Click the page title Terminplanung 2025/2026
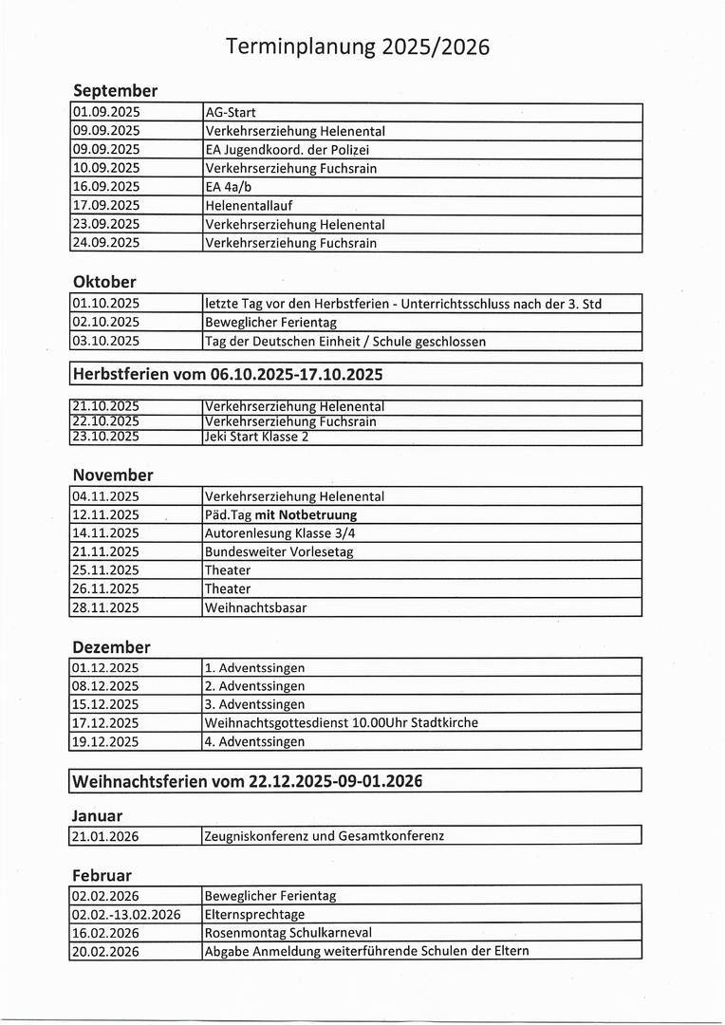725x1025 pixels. (x=358, y=47)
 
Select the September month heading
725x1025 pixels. (x=115, y=91)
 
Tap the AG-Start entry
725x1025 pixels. (x=231, y=113)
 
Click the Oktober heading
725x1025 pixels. (x=104, y=282)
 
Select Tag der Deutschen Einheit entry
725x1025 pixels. (x=344, y=341)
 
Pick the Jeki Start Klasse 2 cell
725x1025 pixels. (x=256, y=437)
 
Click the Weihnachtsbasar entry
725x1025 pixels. (x=255, y=607)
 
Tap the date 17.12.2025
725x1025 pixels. (x=105, y=722)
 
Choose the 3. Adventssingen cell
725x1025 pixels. (x=255, y=704)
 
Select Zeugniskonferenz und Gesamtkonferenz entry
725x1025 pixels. (x=325, y=836)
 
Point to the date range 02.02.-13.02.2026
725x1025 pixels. (x=126, y=914)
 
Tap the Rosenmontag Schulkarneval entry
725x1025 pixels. (x=288, y=932)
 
